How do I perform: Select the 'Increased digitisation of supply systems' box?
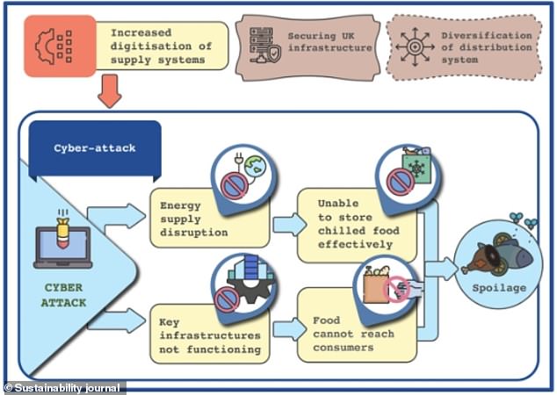(x=161, y=45)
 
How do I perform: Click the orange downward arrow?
(x=110, y=90)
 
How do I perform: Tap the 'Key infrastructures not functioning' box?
(x=210, y=335)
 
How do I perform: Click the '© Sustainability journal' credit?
(x=63, y=387)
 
